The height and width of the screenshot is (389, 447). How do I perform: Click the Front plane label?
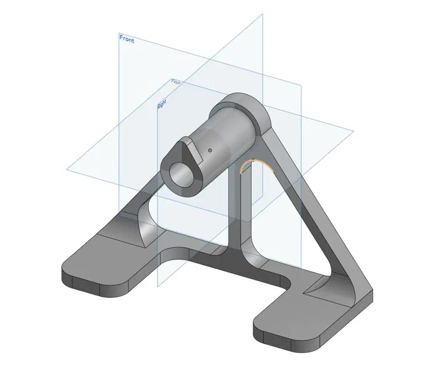tap(126, 39)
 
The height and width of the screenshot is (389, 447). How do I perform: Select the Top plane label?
tap(176, 82)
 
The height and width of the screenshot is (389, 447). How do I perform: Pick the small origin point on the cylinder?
tap(210, 150)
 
